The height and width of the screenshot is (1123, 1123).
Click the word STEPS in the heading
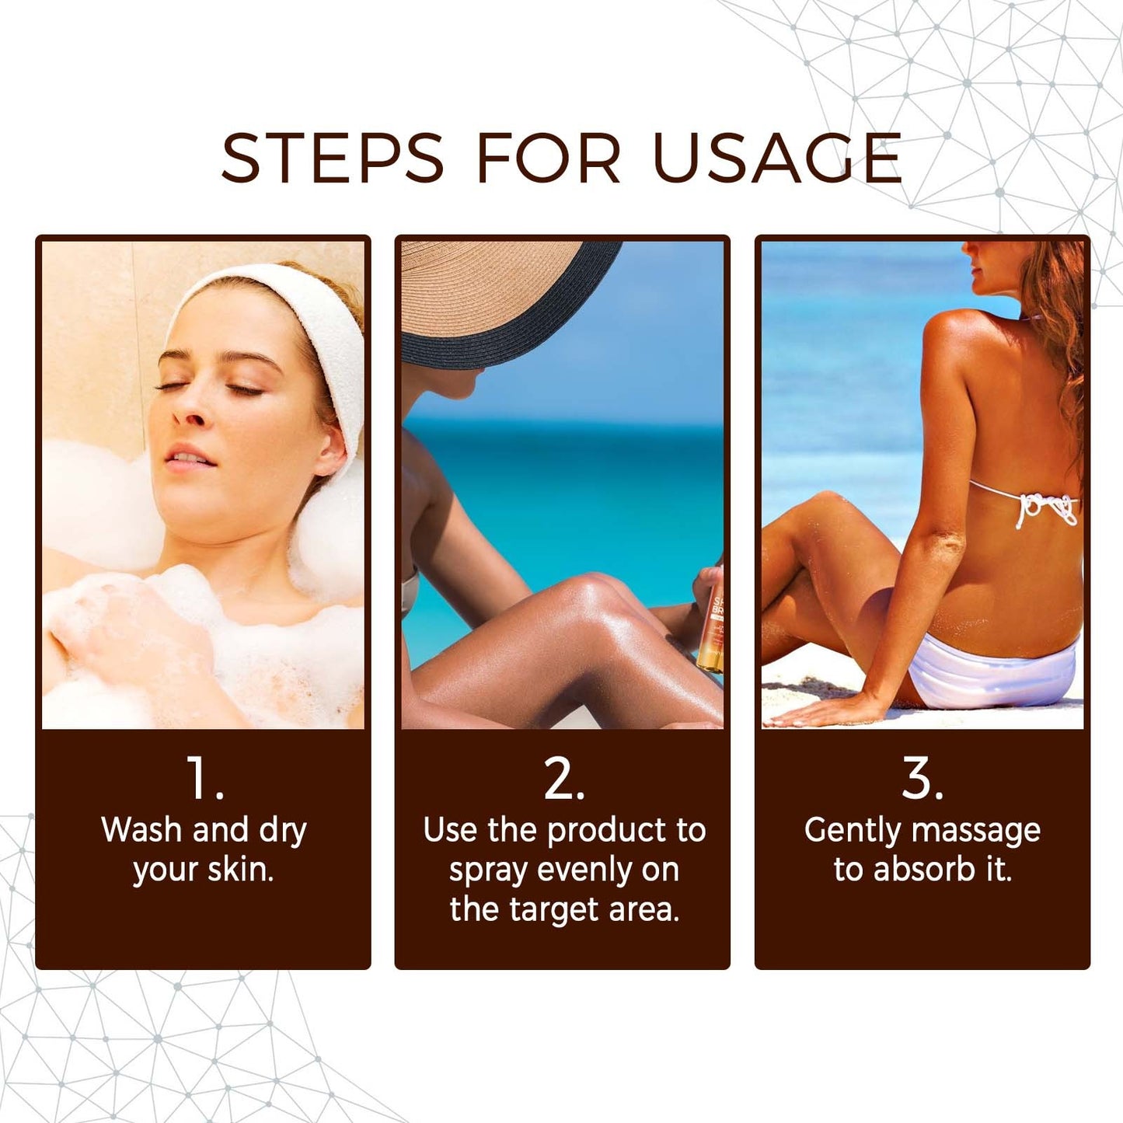point(332,159)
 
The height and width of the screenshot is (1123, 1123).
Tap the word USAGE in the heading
point(777,159)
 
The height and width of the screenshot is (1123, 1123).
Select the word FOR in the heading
point(548,159)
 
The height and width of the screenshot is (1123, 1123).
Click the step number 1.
point(204,778)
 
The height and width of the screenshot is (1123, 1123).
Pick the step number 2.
point(563,778)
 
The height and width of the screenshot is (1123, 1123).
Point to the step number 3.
point(922,778)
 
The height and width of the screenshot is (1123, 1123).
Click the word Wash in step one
point(141,830)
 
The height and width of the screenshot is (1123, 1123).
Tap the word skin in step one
point(239,870)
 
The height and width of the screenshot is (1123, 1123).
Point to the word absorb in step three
point(924,870)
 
